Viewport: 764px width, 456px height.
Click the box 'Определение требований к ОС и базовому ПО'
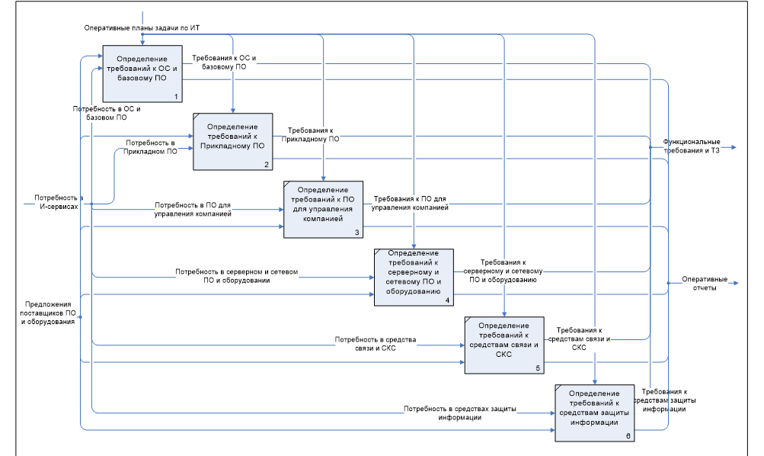(142, 74)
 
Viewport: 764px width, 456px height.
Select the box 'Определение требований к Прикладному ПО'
(232, 141)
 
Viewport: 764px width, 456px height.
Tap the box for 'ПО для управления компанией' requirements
(323, 208)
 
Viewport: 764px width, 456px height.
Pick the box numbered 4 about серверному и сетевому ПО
(413, 277)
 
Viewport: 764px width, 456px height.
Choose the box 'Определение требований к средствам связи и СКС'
(503, 344)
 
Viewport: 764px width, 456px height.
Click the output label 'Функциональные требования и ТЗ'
(691, 146)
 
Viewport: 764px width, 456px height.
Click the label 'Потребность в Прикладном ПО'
(152, 147)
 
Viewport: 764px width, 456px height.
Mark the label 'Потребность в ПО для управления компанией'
(193, 210)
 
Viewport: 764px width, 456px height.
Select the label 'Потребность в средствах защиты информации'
(459, 413)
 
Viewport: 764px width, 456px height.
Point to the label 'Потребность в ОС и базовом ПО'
(107, 114)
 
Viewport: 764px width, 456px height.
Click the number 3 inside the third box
(356, 232)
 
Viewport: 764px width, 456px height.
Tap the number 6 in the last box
(627, 435)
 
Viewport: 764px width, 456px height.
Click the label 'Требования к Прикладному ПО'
(311, 135)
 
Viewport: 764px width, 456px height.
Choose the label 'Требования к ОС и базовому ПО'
(224, 63)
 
